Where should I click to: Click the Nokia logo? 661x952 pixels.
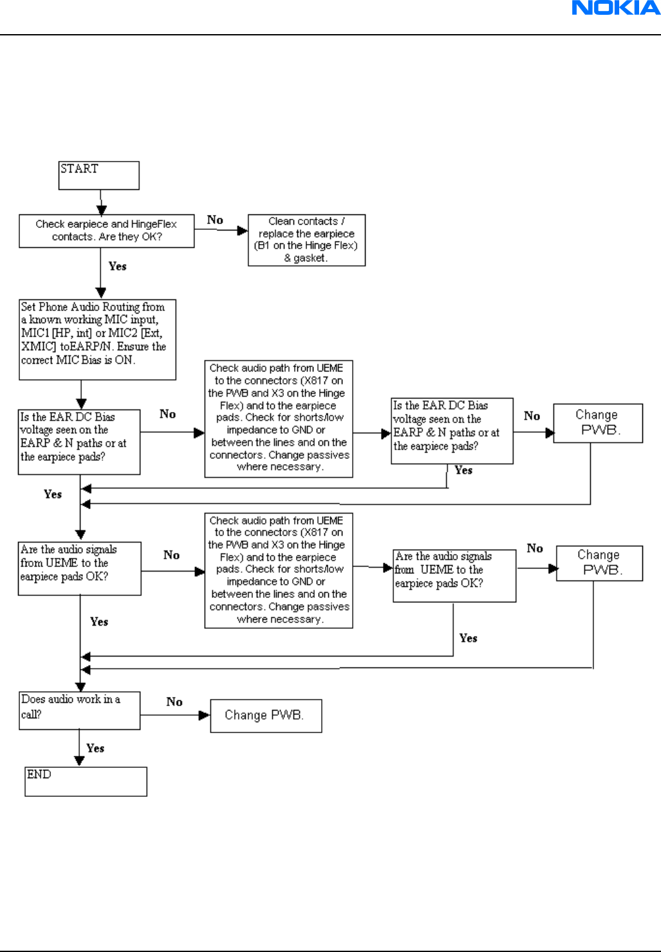point(616,8)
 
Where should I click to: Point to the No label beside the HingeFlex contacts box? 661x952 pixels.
point(215,219)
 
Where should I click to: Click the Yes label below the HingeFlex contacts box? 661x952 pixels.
point(117,266)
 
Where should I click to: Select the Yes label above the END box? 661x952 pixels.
point(95,748)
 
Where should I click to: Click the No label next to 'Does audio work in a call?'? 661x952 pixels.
point(174,702)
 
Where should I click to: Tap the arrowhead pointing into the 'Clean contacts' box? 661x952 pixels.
point(243,230)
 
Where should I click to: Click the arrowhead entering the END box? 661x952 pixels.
point(79,761)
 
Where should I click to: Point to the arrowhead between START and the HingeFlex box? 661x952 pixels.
point(101,210)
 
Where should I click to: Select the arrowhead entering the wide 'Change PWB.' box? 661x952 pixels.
point(205,715)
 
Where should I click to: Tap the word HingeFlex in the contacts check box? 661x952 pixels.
point(154,224)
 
